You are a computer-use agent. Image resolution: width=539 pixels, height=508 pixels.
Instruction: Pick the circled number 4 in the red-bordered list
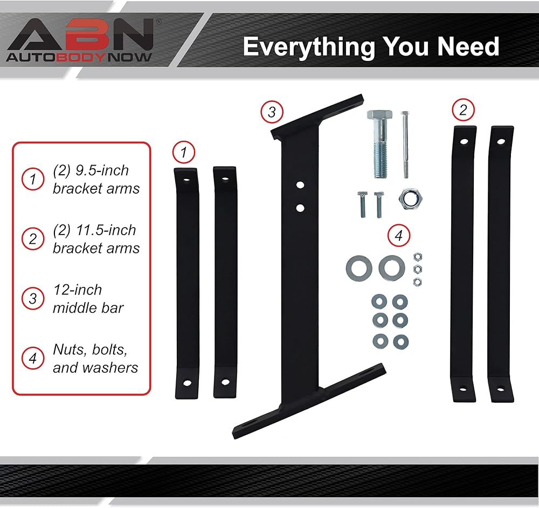coord(33,359)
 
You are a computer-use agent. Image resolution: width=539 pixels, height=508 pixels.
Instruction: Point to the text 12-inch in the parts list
coord(77,290)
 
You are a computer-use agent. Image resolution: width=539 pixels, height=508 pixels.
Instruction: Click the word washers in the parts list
coord(110,367)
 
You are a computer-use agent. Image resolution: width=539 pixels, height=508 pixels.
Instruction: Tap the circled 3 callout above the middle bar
coord(272,112)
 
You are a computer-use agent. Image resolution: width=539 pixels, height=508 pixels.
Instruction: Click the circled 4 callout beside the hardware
coord(399,236)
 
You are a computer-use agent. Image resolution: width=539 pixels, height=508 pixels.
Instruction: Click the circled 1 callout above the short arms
coord(184,153)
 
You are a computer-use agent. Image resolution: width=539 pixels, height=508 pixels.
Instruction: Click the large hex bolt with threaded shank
coord(380,143)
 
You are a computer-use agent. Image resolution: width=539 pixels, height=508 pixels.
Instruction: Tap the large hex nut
coord(409,199)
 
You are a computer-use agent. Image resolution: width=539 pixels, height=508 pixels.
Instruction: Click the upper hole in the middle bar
coord(300,185)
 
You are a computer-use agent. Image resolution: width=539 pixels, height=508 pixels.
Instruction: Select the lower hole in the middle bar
coord(300,207)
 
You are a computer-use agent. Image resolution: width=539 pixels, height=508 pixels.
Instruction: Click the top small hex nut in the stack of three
coord(416,256)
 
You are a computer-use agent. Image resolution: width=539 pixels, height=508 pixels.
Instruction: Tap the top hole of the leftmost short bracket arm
coord(186,179)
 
